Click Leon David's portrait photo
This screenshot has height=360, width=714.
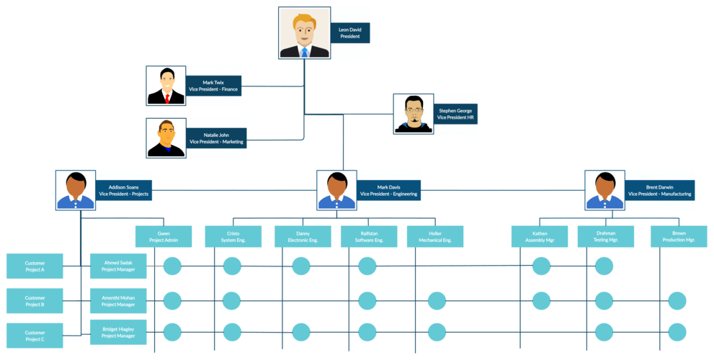304,32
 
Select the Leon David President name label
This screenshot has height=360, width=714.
350,32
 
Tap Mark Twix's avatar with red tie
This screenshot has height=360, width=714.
166,86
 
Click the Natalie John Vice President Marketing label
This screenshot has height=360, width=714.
216,138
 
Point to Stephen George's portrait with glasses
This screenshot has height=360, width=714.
414,114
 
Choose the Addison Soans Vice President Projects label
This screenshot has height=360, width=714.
123,190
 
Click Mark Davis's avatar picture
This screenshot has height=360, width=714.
336,190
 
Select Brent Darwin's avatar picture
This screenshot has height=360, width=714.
604,190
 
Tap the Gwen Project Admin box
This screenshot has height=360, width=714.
164,236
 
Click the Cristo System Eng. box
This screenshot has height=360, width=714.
233,236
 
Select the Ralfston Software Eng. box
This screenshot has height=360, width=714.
369,236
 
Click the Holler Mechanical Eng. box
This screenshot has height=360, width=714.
435,236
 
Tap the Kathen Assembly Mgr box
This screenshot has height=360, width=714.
540,236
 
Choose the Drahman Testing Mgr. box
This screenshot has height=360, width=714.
606,236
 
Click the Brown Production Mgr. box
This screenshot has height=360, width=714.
679,236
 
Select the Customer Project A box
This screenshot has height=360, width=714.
35,266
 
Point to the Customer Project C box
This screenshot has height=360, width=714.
35,335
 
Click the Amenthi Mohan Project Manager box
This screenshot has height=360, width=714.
118,300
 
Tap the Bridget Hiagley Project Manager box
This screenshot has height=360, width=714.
118,332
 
